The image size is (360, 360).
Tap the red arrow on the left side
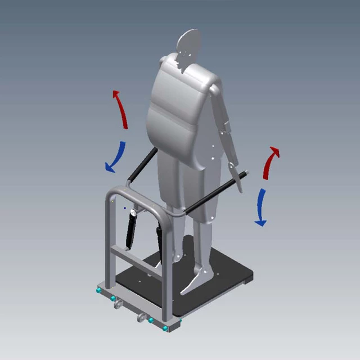(121, 109)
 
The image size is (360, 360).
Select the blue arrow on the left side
(115, 157)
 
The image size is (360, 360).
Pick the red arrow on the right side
(271, 162)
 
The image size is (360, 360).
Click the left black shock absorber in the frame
(131, 229)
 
